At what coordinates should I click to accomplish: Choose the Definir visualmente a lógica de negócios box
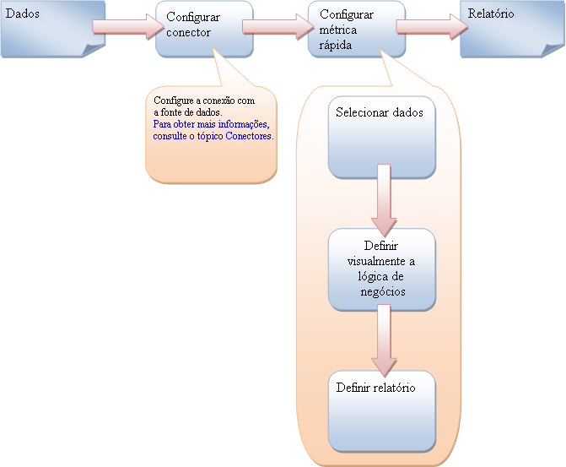pos(381,269)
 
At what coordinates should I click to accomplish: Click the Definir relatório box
pos(381,410)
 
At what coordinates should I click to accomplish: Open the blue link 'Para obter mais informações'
pos(210,124)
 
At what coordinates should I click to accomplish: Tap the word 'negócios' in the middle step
pos(381,291)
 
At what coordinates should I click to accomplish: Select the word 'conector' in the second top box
pos(188,33)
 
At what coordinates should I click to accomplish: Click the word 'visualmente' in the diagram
pos(381,261)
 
